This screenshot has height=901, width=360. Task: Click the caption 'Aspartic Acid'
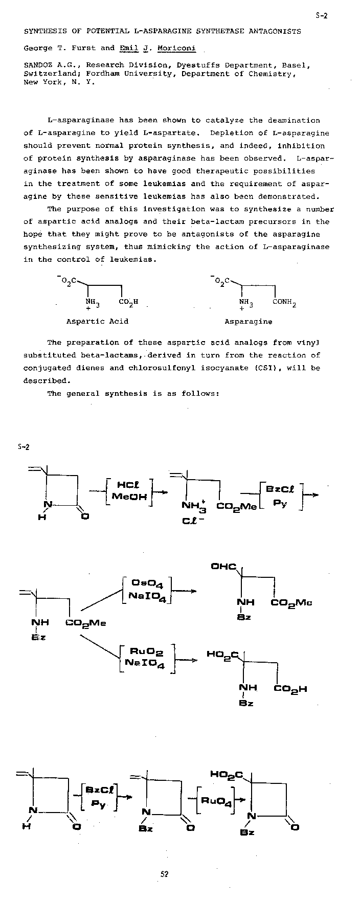point(97,322)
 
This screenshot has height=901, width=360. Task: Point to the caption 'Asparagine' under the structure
point(248,322)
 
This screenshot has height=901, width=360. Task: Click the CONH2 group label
point(284,302)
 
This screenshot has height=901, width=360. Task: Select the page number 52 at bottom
point(165,874)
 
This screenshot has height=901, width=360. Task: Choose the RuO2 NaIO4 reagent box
point(147,659)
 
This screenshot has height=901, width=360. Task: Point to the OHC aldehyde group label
point(223,567)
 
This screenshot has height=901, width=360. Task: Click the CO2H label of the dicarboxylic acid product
point(290,689)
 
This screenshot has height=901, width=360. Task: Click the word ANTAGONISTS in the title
point(275,31)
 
